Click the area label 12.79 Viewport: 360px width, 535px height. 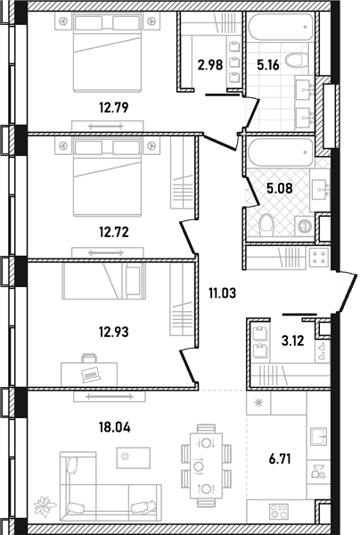tap(114, 108)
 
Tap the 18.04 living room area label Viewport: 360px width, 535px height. tap(115, 427)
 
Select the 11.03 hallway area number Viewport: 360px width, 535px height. tap(223, 292)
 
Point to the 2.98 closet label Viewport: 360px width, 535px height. tap(210, 64)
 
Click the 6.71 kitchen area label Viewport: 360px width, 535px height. tap(280, 459)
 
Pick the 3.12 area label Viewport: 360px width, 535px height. tap(292, 341)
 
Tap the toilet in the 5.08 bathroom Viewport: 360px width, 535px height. tap(266, 225)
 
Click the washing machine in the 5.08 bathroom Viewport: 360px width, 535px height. tap(304, 226)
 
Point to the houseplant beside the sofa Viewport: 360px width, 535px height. tap(45, 506)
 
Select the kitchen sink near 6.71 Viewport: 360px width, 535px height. tap(318, 437)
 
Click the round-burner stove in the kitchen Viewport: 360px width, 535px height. tap(279, 512)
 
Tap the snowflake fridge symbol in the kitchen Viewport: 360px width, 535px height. tap(258, 403)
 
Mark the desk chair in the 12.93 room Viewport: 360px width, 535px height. tap(88, 358)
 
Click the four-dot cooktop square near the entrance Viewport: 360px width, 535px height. tap(319, 258)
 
